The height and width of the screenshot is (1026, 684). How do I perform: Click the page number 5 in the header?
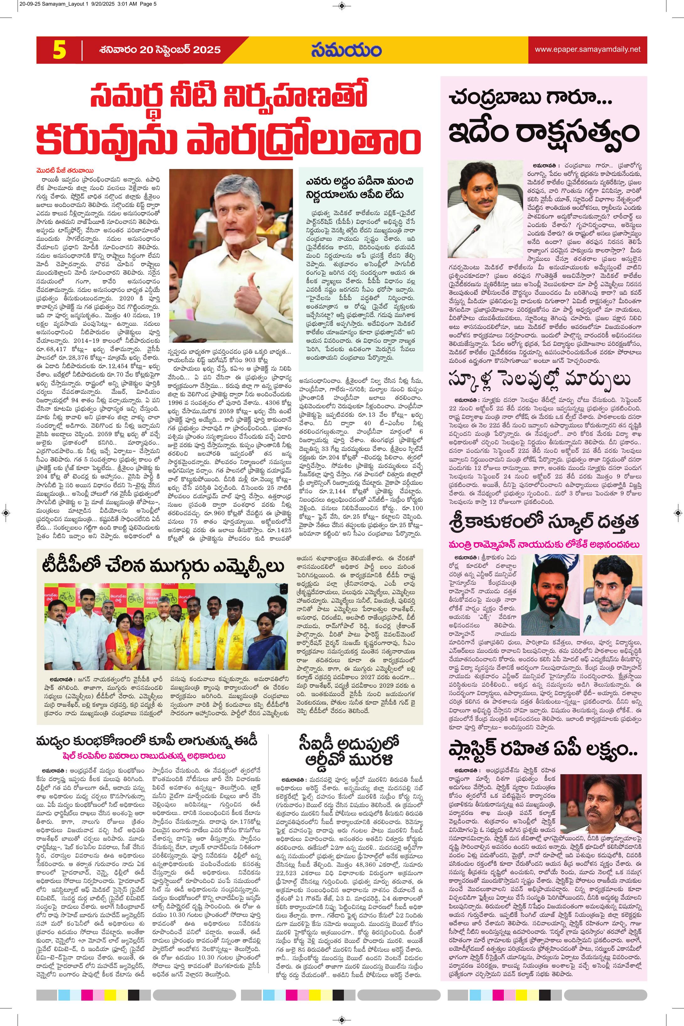coord(59,50)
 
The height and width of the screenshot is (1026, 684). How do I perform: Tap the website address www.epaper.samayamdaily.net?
coord(588,50)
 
